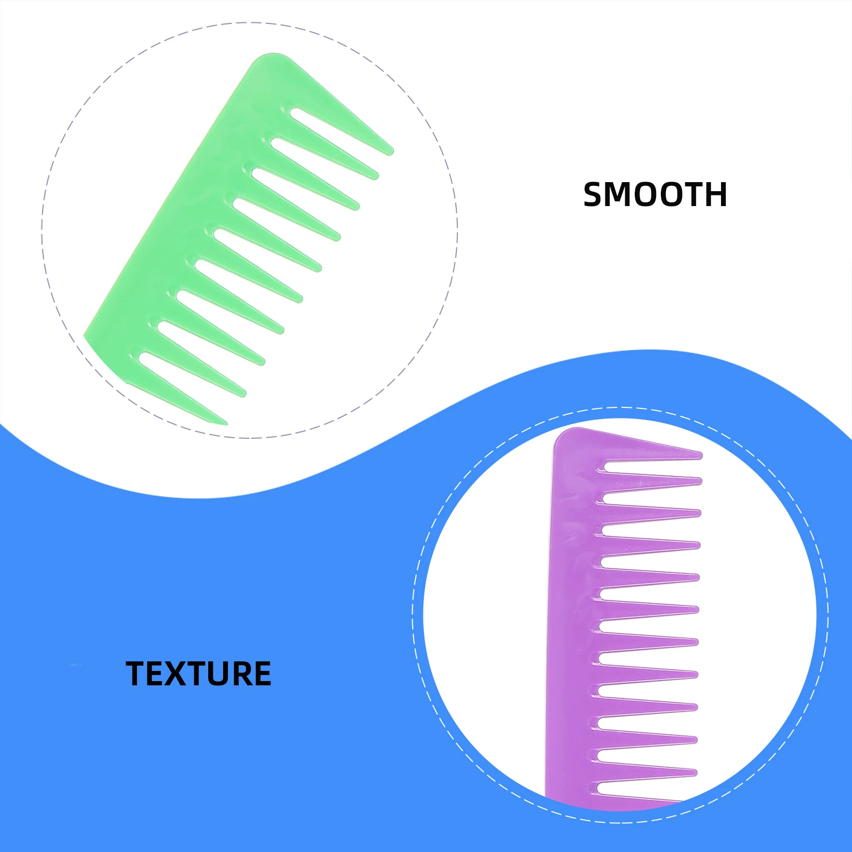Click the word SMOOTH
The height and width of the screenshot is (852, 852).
pos(655,195)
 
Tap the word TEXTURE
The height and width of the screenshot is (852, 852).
pos(198,674)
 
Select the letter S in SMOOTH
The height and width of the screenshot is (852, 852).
pos(595,195)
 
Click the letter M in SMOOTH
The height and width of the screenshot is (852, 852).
pos(621,195)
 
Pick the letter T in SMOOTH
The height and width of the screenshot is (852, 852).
pos(691,195)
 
